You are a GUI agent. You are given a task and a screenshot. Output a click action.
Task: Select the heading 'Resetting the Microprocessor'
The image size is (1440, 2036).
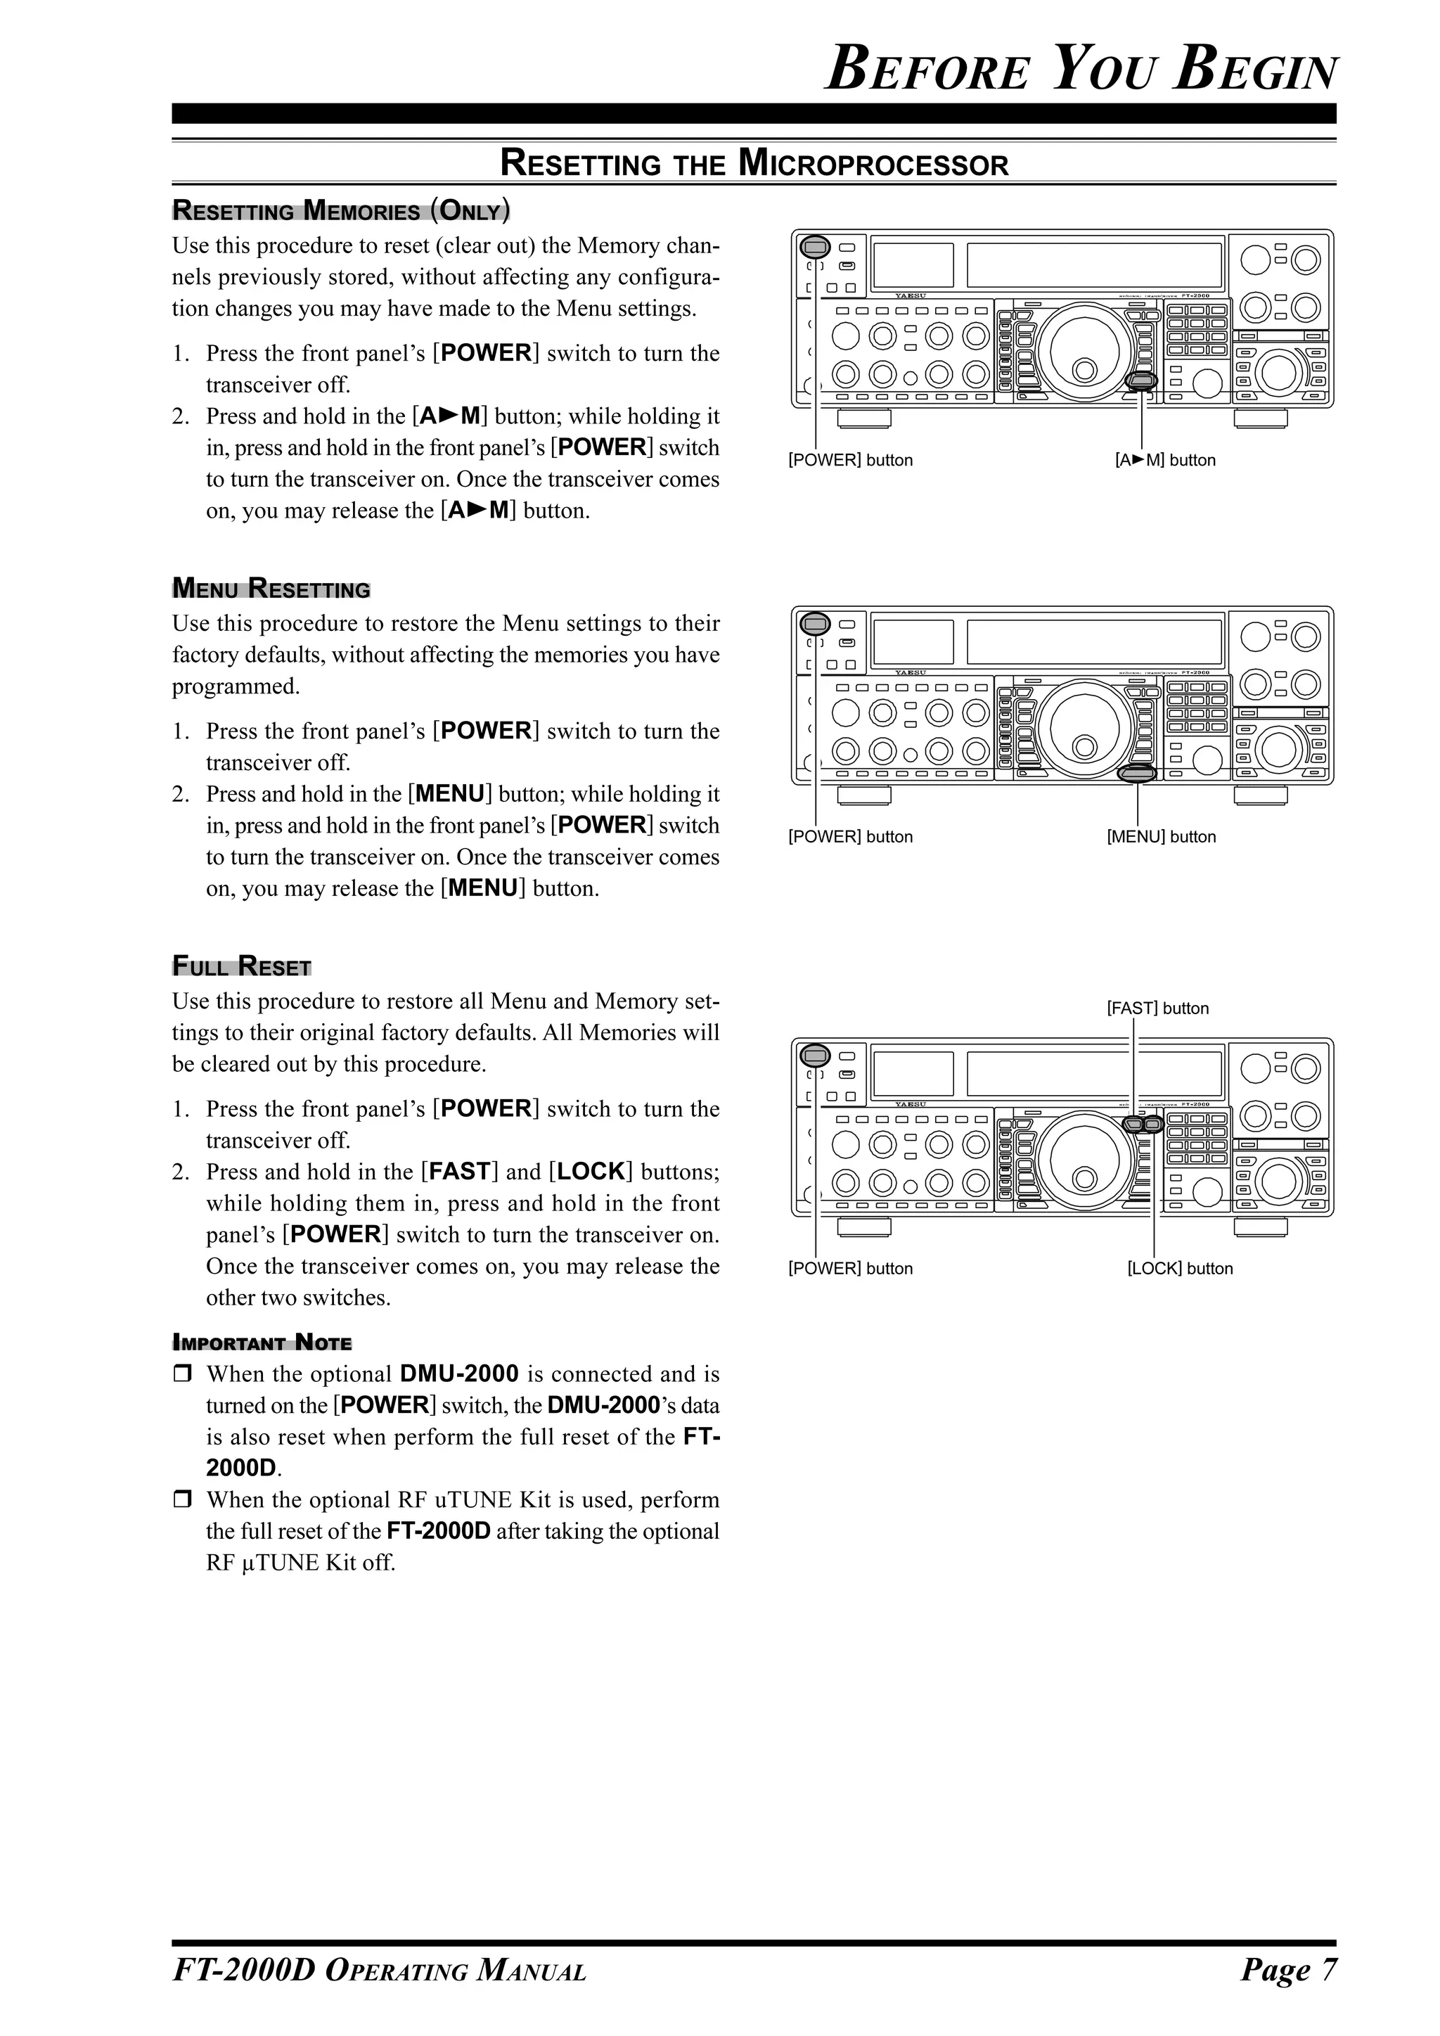click(754, 164)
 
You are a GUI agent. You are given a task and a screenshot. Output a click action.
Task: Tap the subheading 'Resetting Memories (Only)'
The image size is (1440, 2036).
click(340, 210)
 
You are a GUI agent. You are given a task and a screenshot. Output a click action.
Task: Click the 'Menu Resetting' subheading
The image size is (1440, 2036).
click(271, 588)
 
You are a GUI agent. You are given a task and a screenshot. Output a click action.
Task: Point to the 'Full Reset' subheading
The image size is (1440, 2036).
click(241, 966)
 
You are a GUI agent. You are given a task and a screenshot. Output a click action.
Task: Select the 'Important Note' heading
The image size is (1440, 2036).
click(262, 1342)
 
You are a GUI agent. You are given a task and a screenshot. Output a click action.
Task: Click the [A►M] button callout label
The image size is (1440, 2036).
click(1164, 460)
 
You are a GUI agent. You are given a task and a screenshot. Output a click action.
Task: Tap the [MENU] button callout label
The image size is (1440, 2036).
click(1161, 837)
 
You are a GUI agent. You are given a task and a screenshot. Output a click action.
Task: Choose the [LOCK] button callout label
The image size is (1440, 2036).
click(1179, 1269)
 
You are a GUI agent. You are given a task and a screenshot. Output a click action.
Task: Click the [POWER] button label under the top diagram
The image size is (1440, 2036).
click(849, 460)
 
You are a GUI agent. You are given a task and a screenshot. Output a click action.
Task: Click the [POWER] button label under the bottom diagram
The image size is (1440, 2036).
click(849, 1269)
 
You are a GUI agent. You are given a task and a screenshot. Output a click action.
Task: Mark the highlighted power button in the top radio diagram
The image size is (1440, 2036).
click(815, 247)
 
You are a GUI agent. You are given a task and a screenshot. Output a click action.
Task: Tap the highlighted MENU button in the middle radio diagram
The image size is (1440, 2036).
click(1138, 773)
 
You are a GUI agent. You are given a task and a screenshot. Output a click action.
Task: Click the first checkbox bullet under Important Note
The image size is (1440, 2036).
click(182, 1374)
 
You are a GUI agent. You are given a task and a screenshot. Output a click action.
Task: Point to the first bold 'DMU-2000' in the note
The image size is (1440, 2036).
click(458, 1374)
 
